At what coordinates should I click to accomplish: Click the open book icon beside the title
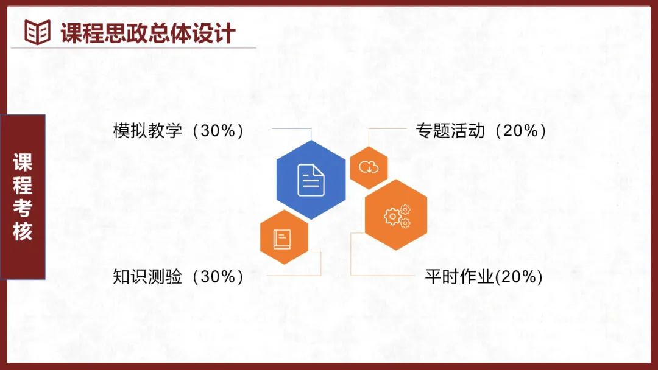(37, 32)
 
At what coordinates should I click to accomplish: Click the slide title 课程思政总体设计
(147, 33)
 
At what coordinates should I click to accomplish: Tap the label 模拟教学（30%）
(179, 131)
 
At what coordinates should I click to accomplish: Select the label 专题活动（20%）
(481, 131)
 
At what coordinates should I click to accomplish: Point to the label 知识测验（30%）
(179, 276)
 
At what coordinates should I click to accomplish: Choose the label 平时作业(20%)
(484, 276)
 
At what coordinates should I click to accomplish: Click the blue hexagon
(311, 180)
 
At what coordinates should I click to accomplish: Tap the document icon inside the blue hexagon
(311, 180)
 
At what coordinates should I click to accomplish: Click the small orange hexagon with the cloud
(369, 167)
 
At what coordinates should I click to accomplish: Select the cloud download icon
(369, 167)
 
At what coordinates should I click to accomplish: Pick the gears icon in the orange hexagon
(397, 216)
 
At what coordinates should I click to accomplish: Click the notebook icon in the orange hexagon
(282, 239)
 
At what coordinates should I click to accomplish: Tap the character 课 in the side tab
(23, 162)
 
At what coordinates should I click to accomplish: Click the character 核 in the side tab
(23, 231)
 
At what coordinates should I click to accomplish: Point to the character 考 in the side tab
(23, 208)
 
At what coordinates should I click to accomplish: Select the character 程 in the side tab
(23, 185)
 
